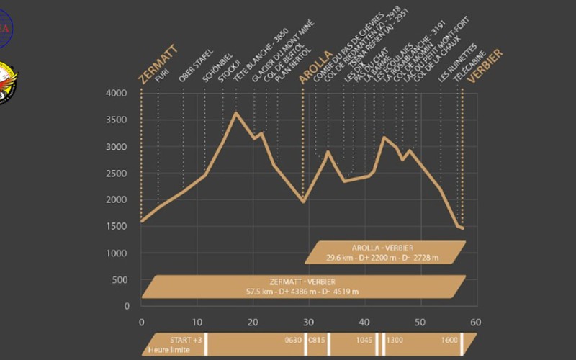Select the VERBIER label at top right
coord(485,67)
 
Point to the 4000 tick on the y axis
coord(117,94)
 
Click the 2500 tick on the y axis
coord(117,174)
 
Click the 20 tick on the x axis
coord(253,322)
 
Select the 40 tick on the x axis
coord(364,322)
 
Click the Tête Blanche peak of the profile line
coord(235,113)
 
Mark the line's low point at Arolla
coord(303,202)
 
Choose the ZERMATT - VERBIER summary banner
coord(303,286)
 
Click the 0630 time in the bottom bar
coord(292,340)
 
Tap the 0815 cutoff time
coord(318,340)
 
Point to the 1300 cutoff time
coord(395,340)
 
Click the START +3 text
coord(176,339)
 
